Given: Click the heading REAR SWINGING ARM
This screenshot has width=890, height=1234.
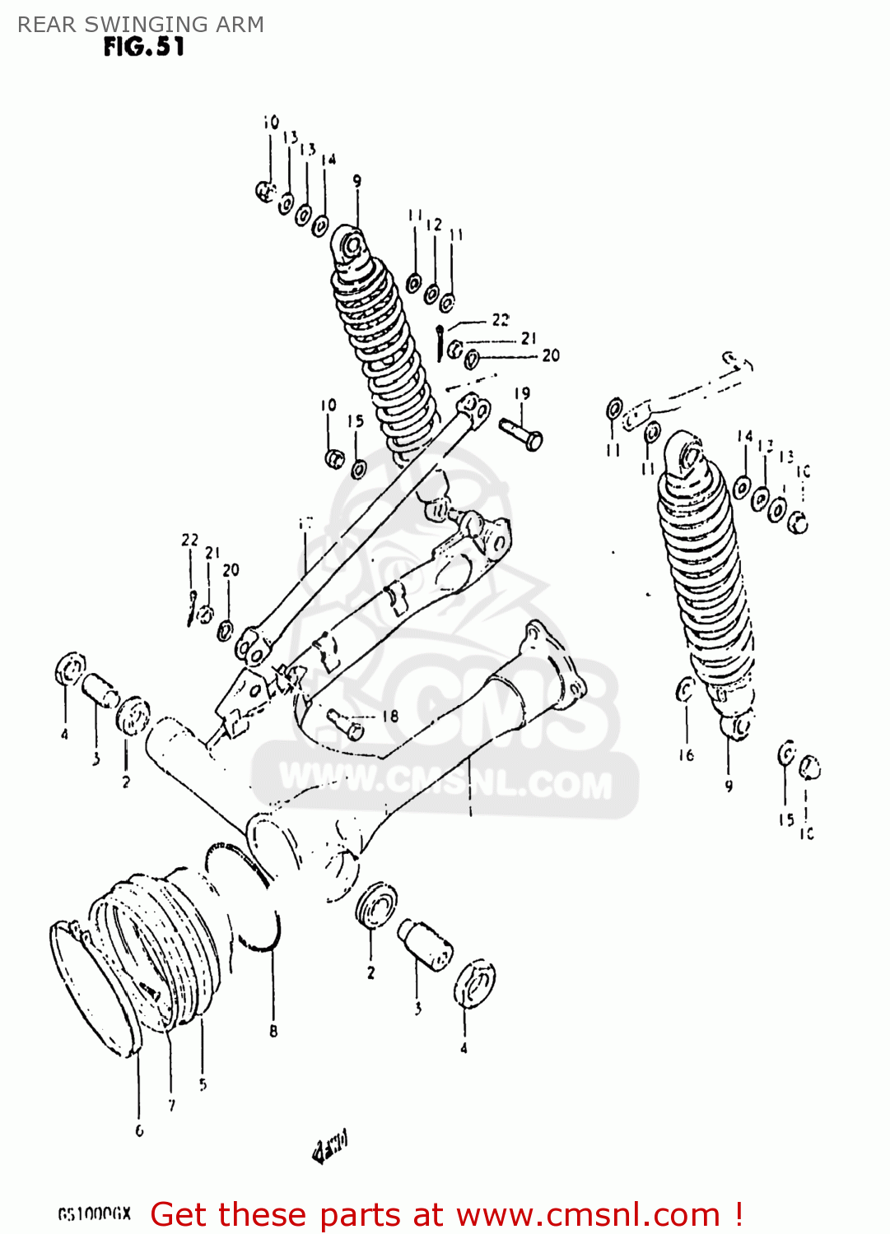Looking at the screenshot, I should click(x=141, y=25).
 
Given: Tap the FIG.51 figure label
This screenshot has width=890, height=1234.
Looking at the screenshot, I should click(x=144, y=48).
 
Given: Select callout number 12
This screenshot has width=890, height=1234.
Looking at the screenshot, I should click(x=434, y=224).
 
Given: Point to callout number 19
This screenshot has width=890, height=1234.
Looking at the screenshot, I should click(x=522, y=393).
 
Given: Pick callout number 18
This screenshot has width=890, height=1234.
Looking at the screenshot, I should click(x=389, y=717).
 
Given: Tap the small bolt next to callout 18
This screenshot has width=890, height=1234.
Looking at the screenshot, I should click(x=345, y=723).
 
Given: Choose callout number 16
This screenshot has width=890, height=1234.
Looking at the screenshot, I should click(x=686, y=754).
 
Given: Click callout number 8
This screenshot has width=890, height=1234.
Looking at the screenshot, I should click(x=273, y=1030).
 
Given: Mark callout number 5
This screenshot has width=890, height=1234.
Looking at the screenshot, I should click(x=203, y=1084).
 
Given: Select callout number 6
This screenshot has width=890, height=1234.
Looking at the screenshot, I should click(x=139, y=1130).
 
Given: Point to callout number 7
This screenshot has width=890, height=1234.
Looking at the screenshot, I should click(x=171, y=1106).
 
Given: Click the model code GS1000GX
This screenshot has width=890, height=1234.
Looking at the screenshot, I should click(x=95, y=1214).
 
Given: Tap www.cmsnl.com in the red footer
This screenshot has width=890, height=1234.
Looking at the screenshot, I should click(x=588, y=1214).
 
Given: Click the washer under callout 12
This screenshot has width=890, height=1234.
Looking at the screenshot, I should click(x=431, y=292).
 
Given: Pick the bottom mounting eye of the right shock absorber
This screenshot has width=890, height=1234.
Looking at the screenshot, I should click(x=739, y=726).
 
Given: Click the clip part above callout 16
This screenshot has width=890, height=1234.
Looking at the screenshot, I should click(x=685, y=689).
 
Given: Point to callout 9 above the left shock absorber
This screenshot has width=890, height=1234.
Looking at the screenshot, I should click(x=356, y=181).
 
